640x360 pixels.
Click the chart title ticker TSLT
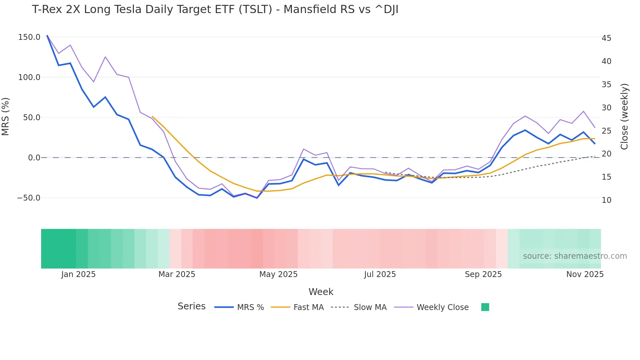tap(255, 9)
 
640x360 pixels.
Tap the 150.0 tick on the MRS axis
tap(29, 37)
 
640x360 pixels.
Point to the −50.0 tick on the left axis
tap(29, 198)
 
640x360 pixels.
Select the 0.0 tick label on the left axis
tap(34, 158)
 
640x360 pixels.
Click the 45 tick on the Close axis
tap(606, 38)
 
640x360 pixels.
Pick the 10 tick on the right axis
tap(606, 200)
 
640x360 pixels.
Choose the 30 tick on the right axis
tap(606, 108)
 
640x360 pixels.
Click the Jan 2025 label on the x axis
tap(78, 274)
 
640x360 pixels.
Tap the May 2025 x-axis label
tap(278, 274)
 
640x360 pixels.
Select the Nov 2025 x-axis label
tap(585, 274)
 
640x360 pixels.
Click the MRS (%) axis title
tap(6, 117)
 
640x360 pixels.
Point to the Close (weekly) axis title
tap(624, 117)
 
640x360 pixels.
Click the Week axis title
tap(321, 292)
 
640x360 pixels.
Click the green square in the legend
tap(485, 307)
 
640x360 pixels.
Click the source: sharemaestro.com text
tap(575, 256)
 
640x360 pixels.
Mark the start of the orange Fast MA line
tap(152, 116)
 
